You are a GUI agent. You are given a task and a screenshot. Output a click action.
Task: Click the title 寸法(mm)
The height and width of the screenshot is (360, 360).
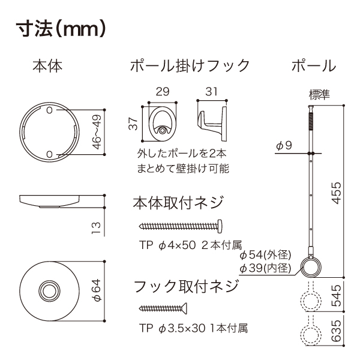click(x=61, y=29)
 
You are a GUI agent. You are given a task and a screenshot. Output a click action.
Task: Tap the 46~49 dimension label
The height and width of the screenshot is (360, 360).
click(x=97, y=132)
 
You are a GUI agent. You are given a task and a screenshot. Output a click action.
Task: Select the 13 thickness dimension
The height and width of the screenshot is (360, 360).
click(x=96, y=228)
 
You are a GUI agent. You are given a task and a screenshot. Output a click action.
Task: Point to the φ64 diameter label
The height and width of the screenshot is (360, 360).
click(x=96, y=290)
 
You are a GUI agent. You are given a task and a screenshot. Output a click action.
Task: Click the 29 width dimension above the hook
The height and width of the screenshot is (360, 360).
click(x=163, y=92)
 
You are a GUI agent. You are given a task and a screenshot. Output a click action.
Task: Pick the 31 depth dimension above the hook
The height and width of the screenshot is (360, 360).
click(x=211, y=92)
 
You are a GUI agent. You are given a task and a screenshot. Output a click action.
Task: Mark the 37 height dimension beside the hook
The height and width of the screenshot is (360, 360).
click(x=133, y=124)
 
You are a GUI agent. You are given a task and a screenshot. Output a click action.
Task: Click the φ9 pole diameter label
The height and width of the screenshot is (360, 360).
click(x=284, y=145)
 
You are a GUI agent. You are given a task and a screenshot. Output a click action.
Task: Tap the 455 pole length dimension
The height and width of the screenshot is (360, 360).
click(x=337, y=193)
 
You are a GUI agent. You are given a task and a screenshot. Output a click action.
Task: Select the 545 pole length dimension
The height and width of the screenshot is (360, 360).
click(x=337, y=295)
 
